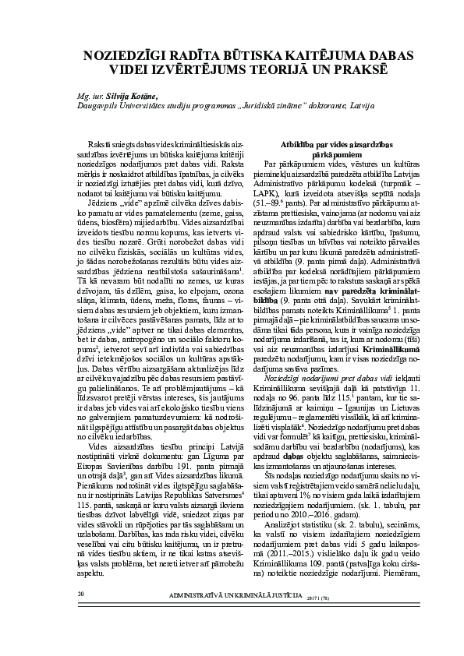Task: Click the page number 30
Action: pyautogui.click(x=80, y=616)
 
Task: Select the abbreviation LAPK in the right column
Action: pyautogui.click(x=278, y=194)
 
